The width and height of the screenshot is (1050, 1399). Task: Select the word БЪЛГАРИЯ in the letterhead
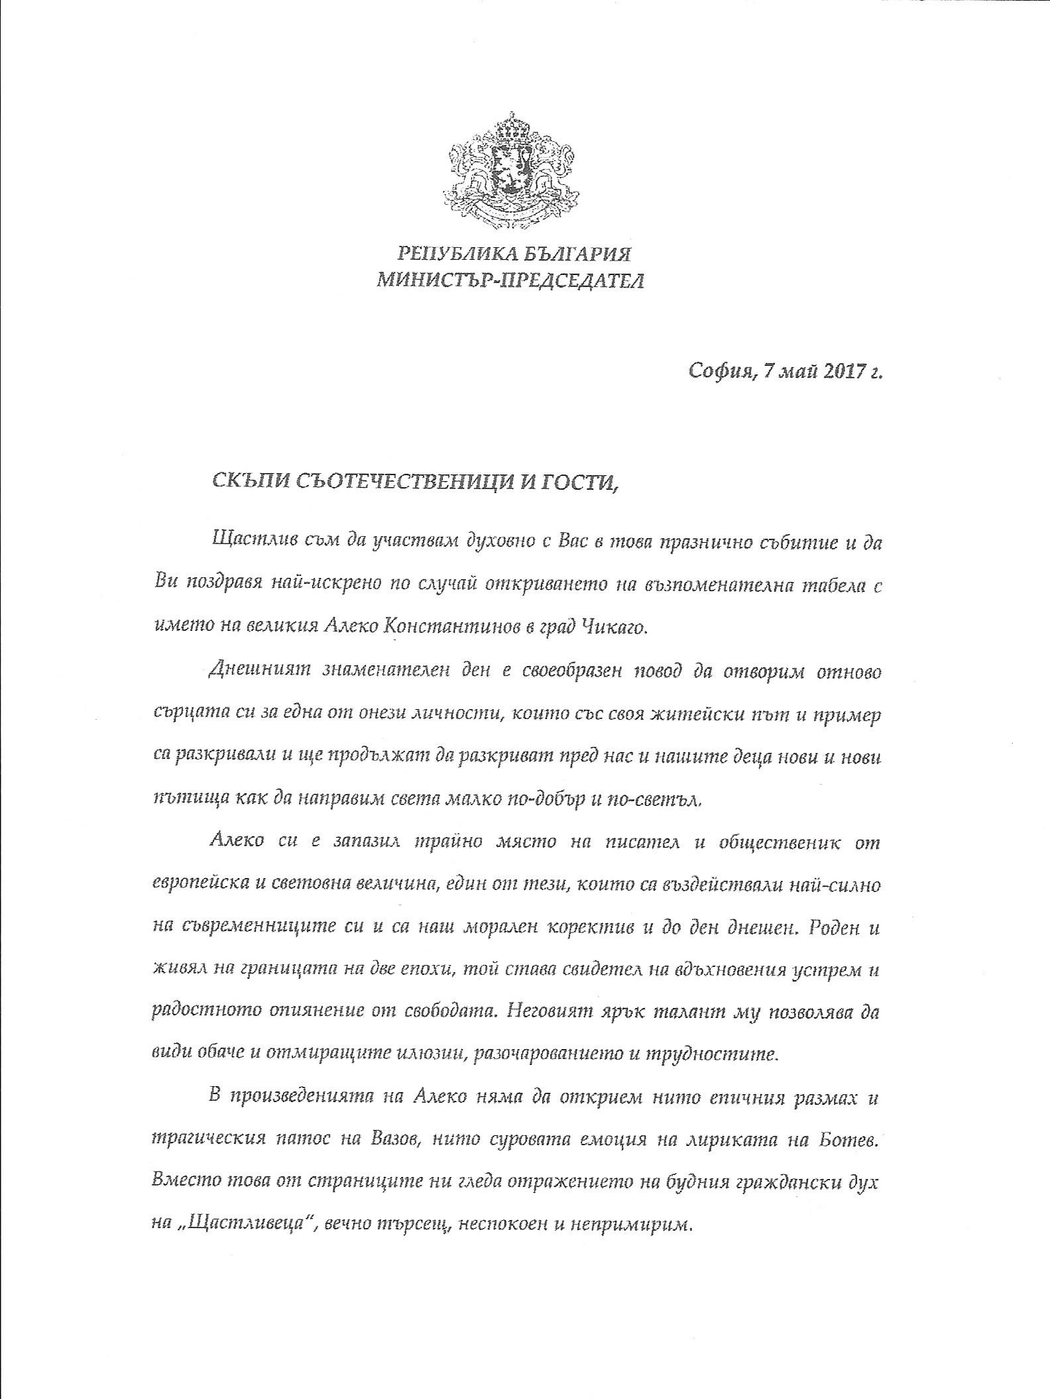[572, 253]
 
